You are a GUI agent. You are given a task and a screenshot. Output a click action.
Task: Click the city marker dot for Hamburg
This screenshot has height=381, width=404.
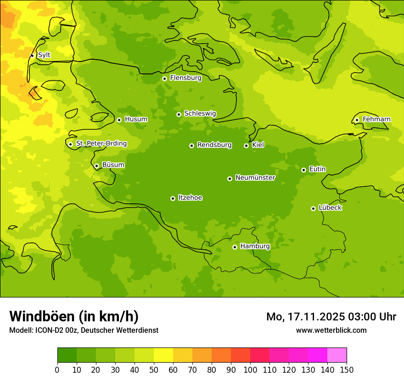pos(235,247)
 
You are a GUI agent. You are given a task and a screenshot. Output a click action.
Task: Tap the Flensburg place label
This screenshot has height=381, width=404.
pos(185,78)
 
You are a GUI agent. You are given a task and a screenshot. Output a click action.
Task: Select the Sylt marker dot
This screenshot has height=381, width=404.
pos(32,56)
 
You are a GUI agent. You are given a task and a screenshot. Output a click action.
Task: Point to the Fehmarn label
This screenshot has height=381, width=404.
pos(376,119)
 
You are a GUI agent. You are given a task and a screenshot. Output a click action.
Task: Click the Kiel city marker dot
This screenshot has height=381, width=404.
pos(246,146)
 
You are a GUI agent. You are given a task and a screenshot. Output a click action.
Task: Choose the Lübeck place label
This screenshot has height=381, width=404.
pos(330,208)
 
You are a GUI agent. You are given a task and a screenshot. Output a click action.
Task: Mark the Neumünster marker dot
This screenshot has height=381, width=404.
pos(230,179)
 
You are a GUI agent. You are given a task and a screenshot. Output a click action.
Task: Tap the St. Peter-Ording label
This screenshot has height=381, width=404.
pos(101,144)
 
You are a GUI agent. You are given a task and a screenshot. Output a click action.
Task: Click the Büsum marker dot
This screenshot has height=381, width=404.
pos(96,166)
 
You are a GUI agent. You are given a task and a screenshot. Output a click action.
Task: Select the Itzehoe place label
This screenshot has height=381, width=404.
pos(190,198)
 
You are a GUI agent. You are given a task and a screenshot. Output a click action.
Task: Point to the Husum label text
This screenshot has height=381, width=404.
pos(136,119)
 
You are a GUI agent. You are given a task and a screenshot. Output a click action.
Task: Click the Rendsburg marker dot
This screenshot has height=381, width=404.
pos(191,146)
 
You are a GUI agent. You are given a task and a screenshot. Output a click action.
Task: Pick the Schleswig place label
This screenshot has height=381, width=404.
pos(200,114)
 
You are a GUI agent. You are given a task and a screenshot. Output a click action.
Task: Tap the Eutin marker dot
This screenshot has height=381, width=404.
pos(303,170)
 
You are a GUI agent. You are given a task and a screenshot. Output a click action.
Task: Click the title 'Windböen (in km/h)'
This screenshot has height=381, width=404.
pos(74,316)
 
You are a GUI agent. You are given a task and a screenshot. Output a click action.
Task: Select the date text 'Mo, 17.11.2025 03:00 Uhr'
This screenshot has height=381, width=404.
pos(331,317)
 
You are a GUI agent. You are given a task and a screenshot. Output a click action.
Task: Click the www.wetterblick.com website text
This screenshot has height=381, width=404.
pos(331,330)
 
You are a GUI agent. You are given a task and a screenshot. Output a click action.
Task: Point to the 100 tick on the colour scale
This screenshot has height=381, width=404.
pos(250,370)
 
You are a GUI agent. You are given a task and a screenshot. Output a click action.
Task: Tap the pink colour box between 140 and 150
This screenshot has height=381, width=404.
pos(337,355)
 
